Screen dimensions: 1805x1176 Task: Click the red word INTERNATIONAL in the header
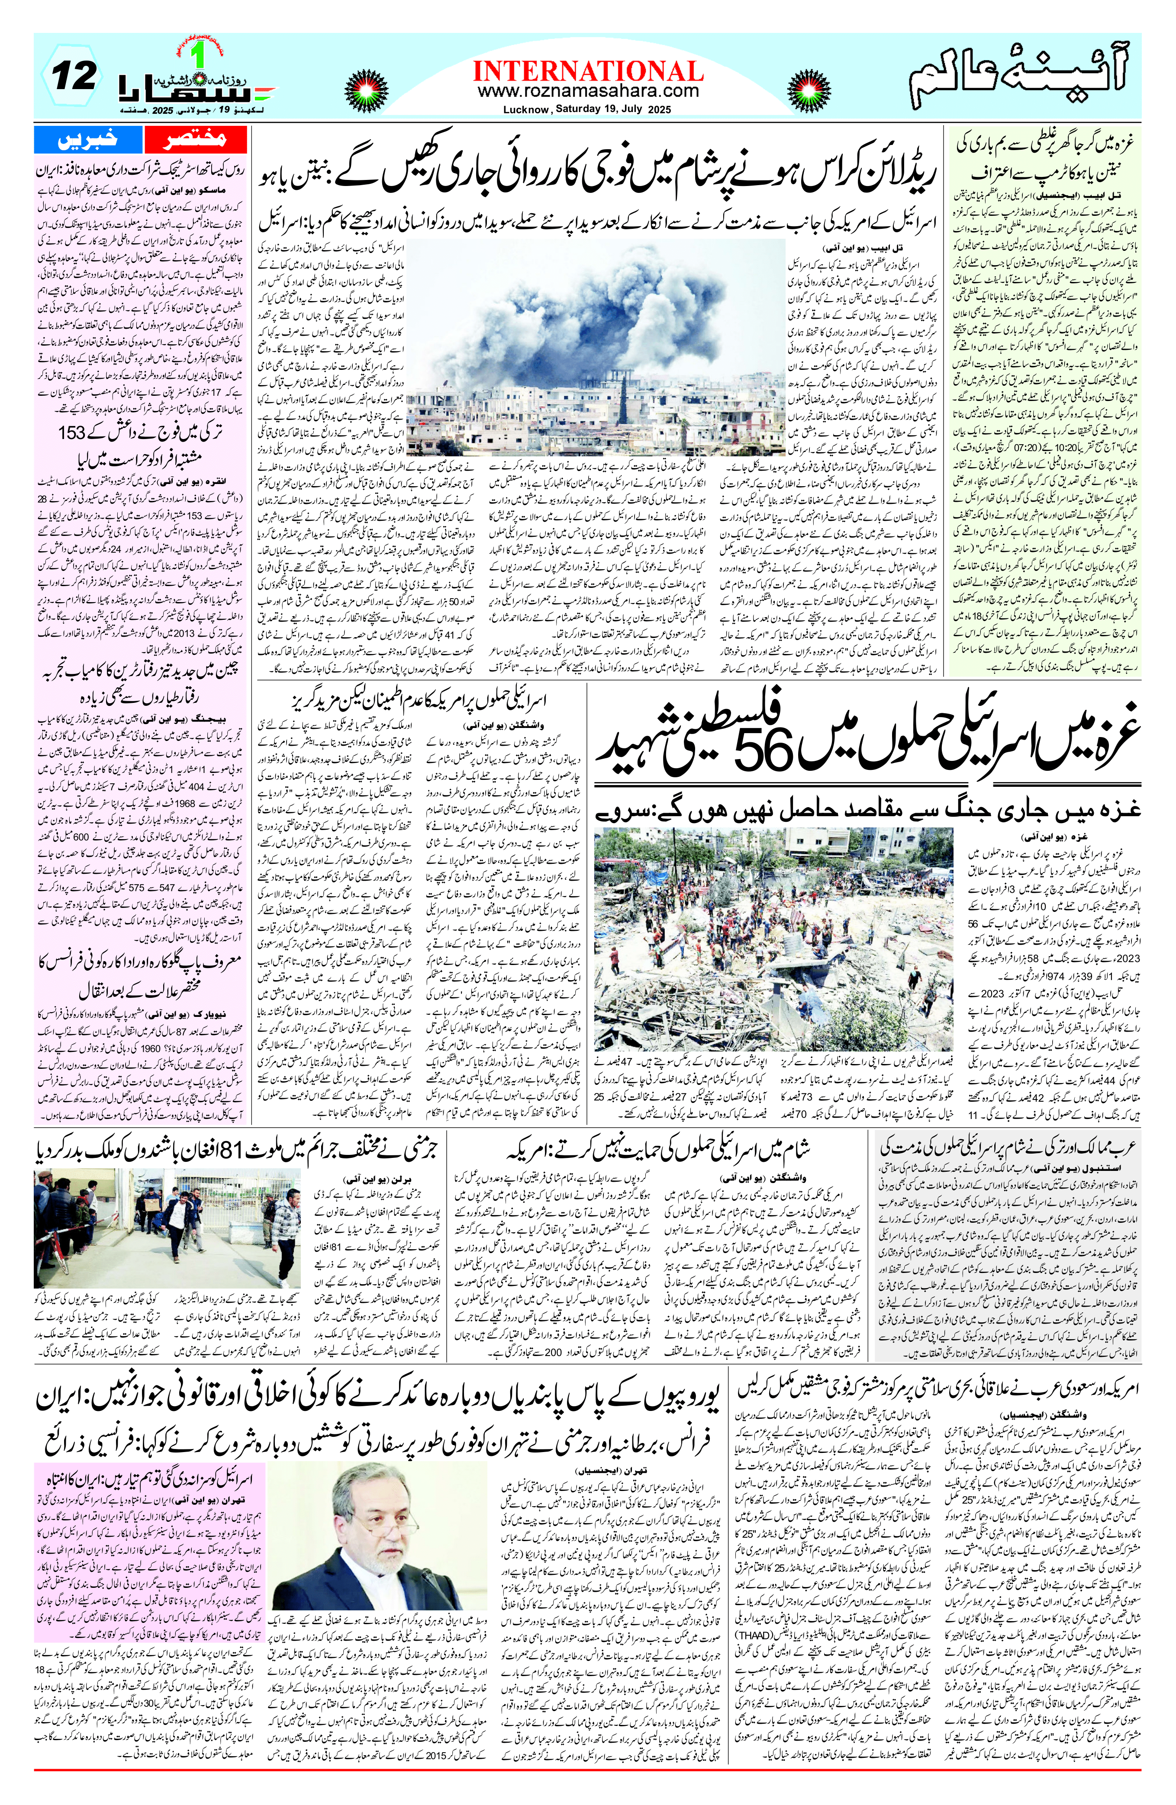tap(587, 72)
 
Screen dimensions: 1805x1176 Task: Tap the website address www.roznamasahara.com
tap(587, 90)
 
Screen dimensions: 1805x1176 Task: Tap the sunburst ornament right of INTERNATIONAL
tap(809, 84)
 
